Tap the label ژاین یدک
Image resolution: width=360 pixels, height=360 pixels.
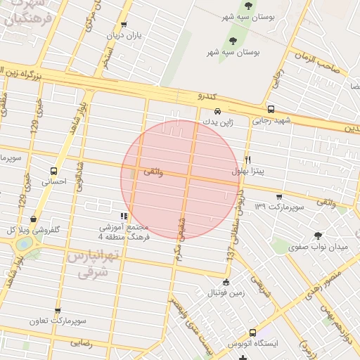click(x=217, y=121)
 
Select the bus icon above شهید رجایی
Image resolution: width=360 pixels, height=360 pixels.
click(x=271, y=109)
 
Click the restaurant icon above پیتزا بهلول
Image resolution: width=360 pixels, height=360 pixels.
click(x=247, y=160)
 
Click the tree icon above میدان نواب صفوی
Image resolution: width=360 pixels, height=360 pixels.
click(x=319, y=236)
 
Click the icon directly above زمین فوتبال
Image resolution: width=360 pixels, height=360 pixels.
click(x=225, y=282)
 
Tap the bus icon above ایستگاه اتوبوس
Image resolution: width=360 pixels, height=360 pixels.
click(x=253, y=333)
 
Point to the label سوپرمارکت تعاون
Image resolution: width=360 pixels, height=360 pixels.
click(x=58, y=321)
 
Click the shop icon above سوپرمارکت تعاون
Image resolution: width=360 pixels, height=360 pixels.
click(x=58, y=310)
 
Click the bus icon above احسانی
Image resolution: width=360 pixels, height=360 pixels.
click(x=54, y=171)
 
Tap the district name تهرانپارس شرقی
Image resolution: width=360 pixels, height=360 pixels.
click(x=89, y=263)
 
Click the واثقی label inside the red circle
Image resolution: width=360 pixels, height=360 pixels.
click(x=153, y=172)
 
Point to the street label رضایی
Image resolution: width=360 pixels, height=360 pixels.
click(x=81, y=344)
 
